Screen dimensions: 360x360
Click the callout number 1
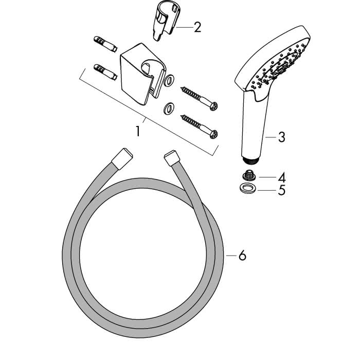tap(138, 131)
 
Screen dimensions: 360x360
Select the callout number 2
tap(197, 27)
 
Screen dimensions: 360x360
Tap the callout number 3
tap(281, 137)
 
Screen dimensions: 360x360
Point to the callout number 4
tap(282, 177)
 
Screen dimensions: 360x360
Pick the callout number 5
tap(282, 190)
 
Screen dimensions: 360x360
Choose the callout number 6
tap(242, 255)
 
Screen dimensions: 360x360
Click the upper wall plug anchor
tap(106, 44)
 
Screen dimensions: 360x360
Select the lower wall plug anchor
tap(105, 72)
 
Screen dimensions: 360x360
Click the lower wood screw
tap(199, 127)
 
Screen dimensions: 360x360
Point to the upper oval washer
tap(170, 80)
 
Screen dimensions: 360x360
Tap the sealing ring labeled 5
tap(247, 189)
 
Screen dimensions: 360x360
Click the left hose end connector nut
tap(122, 158)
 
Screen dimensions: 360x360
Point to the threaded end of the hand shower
tap(251, 160)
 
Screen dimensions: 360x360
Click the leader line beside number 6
tap(231, 255)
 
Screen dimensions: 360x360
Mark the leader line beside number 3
tap(271, 137)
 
